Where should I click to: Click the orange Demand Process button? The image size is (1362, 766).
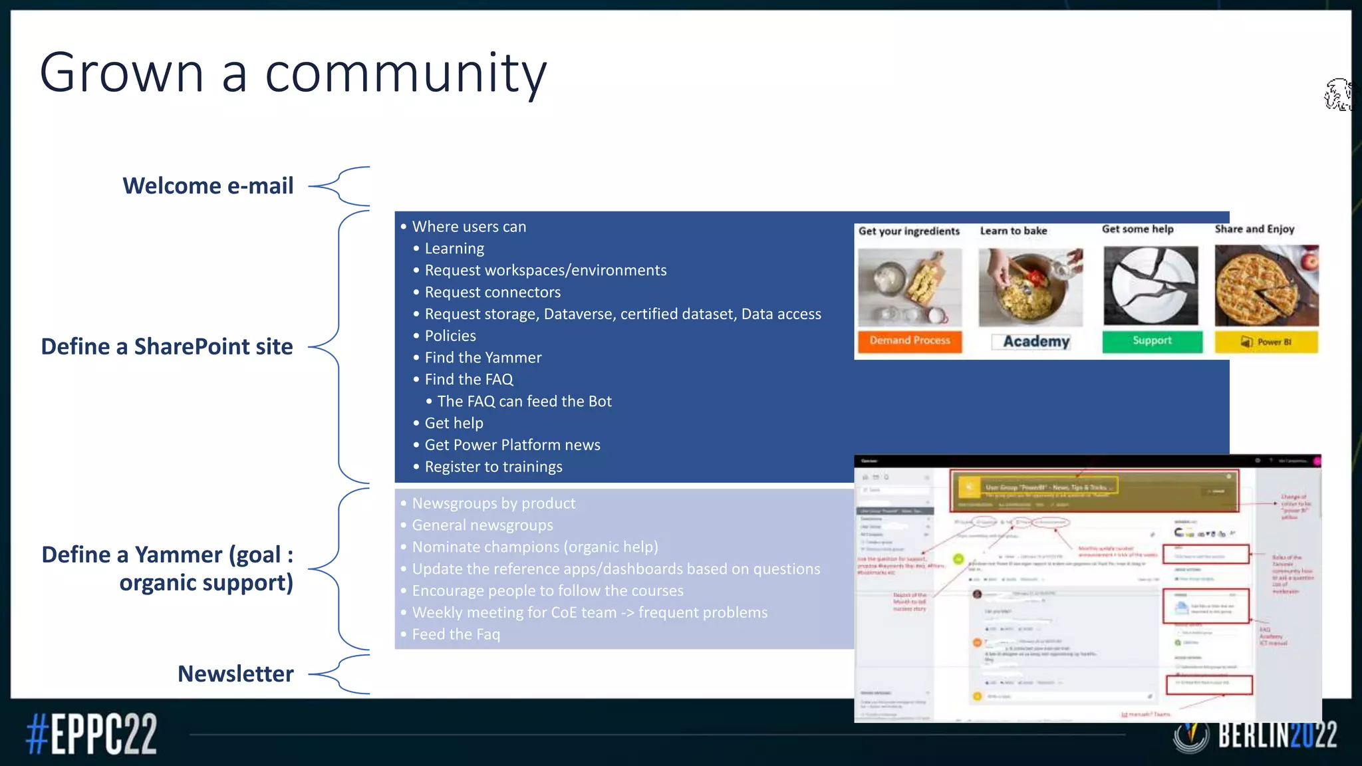[910, 340]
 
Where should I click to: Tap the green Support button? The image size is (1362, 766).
[1152, 340]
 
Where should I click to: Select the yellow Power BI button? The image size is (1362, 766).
[1266, 342]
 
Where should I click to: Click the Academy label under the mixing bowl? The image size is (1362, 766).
[1036, 342]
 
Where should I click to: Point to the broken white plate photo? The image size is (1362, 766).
[1151, 285]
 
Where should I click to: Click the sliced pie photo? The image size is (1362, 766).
[1266, 285]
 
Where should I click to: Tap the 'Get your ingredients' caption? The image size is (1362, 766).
[908, 231]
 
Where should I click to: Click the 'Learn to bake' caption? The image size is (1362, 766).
[1014, 231]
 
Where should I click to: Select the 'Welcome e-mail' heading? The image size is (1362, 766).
[207, 186]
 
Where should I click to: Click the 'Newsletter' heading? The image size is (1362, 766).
[235, 674]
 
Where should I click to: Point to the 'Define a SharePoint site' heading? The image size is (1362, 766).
[167, 347]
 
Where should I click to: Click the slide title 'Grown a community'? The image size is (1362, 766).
[293, 73]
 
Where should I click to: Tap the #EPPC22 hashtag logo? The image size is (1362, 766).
[91, 734]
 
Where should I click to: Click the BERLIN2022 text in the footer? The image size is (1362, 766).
[1277, 735]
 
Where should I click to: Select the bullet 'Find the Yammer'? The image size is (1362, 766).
[483, 358]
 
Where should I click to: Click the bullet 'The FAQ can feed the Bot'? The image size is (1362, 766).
[524, 402]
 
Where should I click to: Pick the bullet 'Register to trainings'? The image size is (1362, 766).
[493, 467]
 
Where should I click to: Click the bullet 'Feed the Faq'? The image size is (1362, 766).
[456, 634]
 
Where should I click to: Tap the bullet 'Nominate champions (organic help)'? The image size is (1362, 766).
[535, 547]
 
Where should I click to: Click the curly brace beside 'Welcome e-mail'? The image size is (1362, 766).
[340, 186]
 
